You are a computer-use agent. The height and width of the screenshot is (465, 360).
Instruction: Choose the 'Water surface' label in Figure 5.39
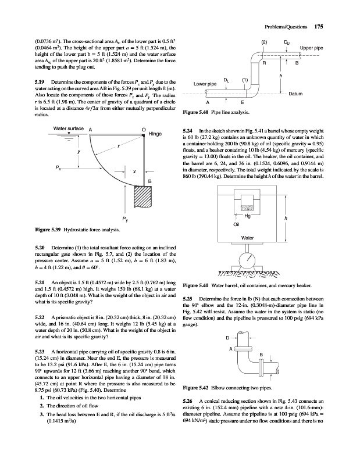69,128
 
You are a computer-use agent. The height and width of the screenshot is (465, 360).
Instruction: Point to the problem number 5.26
188,401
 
